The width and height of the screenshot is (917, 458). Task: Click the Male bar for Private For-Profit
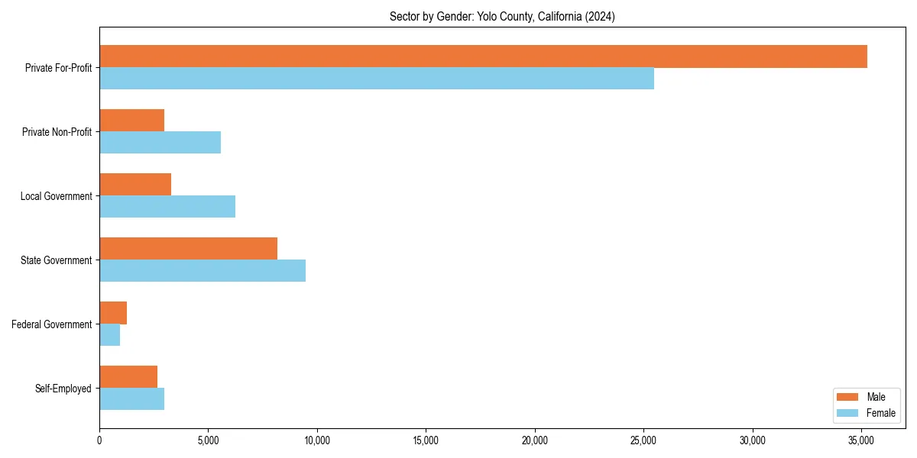[483, 56]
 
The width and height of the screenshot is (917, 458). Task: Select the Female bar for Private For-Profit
[377, 79]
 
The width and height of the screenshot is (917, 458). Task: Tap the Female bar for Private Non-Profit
[160, 143]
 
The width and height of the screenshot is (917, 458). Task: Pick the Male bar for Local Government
[135, 185]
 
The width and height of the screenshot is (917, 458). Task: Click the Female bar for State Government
[203, 271]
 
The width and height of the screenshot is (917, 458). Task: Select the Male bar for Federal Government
[113, 313]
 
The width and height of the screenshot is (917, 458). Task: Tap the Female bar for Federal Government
[110, 335]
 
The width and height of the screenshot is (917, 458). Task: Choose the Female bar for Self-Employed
[131, 399]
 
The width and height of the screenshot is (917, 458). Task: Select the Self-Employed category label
[63, 389]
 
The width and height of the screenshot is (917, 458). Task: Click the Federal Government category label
[52, 324]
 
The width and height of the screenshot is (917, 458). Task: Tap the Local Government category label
[57, 196]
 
